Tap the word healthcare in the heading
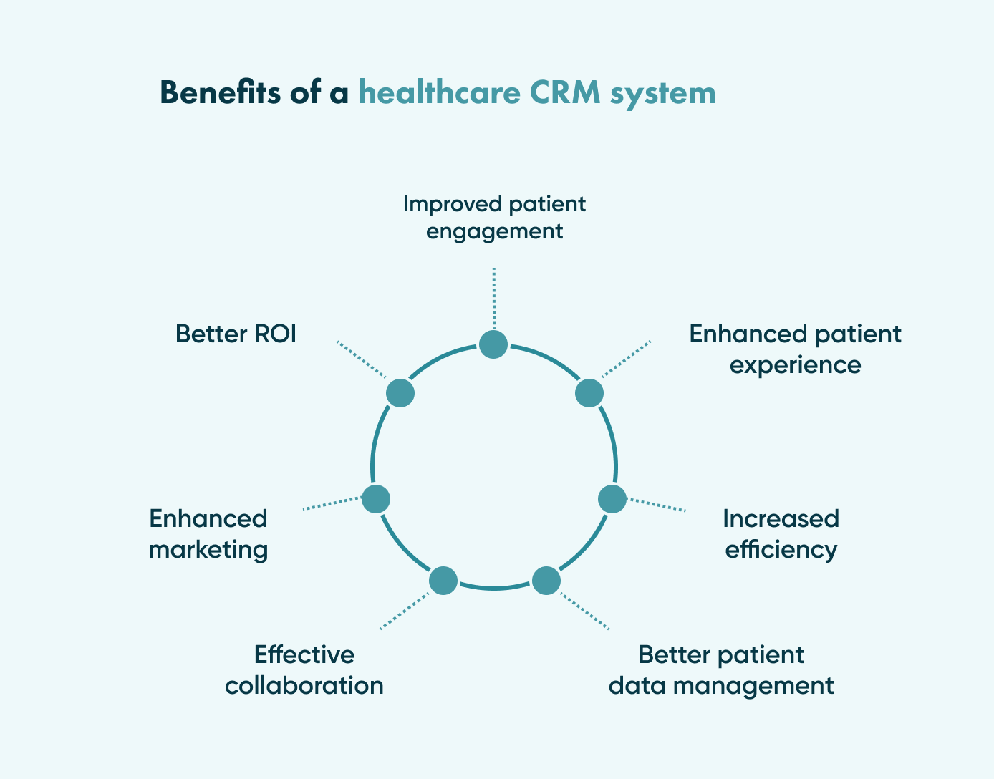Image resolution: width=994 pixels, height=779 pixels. click(439, 93)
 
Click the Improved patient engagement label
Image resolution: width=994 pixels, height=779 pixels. click(494, 218)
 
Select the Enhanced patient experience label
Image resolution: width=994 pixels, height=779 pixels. click(795, 349)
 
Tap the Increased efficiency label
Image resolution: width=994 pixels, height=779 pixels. click(781, 534)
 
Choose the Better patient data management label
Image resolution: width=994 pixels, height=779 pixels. click(721, 670)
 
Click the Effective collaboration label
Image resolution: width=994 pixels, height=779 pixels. click(304, 670)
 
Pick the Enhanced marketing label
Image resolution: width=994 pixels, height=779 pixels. click(208, 534)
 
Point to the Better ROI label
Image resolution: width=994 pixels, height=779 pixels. click(236, 334)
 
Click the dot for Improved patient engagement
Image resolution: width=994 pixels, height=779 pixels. click(493, 344)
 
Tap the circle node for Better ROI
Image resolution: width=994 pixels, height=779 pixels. click(400, 393)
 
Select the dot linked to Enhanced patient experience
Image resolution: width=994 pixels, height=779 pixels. click(589, 393)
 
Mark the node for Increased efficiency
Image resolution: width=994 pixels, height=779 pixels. click(612, 499)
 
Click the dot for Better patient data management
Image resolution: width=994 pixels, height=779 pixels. click(546, 580)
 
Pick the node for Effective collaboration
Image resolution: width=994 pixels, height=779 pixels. click(443, 580)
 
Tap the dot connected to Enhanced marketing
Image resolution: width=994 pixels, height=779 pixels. click(376, 499)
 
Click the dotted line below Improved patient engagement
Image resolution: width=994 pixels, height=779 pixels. click(494, 297)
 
